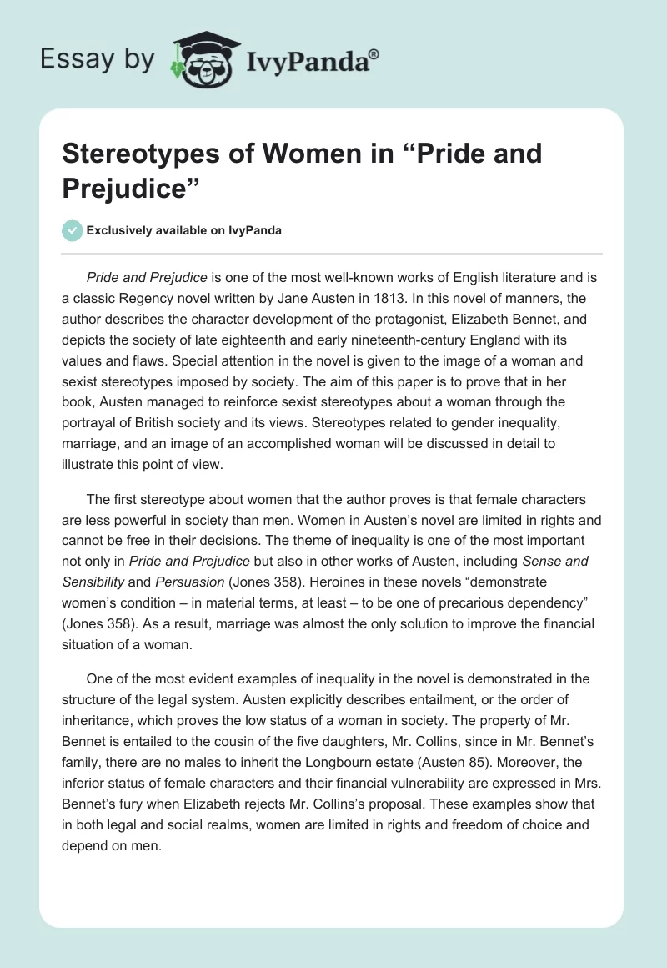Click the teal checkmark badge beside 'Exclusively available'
pyautogui.click(x=73, y=230)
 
